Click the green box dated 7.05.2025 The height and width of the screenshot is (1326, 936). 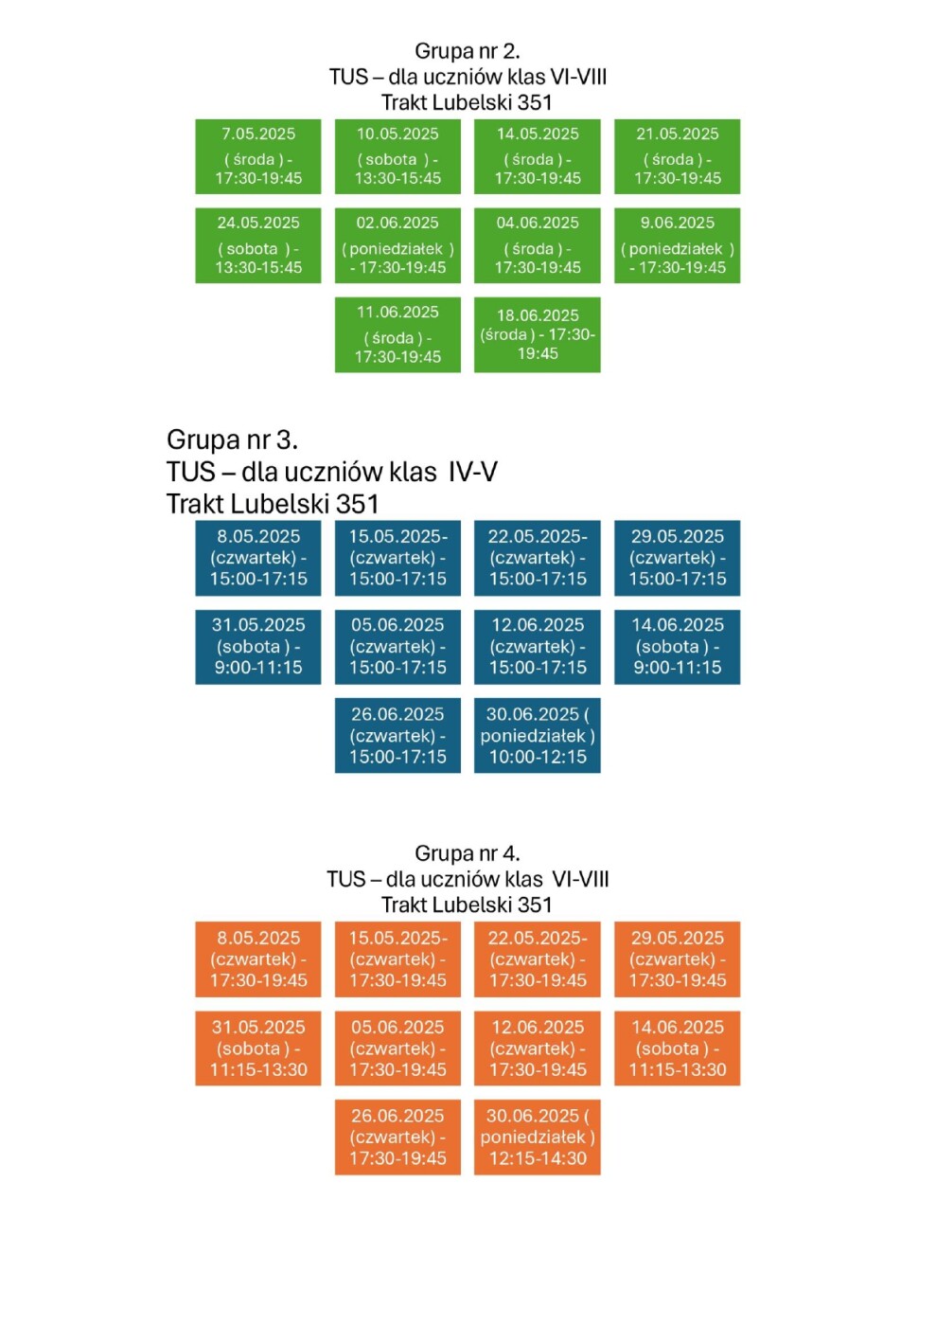tap(258, 156)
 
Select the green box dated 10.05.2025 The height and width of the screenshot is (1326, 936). tap(397, 156)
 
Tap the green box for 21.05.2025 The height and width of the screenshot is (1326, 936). tap(677, 156)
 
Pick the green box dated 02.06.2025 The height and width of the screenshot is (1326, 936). tap(397, 245)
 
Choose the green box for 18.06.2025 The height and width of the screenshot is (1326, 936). tap(538, 334)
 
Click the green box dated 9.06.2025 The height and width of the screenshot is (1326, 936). tap(677, 245)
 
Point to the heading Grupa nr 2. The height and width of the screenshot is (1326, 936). tap(468, 51)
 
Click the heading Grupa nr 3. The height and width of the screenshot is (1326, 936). tap(232, 439)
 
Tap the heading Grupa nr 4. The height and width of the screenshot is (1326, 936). tap(468, 853)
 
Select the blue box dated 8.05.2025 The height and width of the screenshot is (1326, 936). tap(258, 558)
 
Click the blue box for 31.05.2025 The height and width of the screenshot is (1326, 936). tap(258, 647)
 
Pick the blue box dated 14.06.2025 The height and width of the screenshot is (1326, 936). tap(677, 647)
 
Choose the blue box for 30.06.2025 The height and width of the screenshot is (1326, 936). tap(538, 736)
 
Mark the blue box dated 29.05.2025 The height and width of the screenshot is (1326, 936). tap(677, 558)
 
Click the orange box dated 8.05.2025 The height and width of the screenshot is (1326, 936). tap(258, 959)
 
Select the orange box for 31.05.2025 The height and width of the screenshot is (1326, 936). tap(258, 1048)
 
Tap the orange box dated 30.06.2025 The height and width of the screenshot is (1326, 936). tap(538, 1138)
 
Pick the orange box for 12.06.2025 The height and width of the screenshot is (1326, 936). tap(538, 1048)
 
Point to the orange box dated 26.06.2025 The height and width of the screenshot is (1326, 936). tap(397, 1138)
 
